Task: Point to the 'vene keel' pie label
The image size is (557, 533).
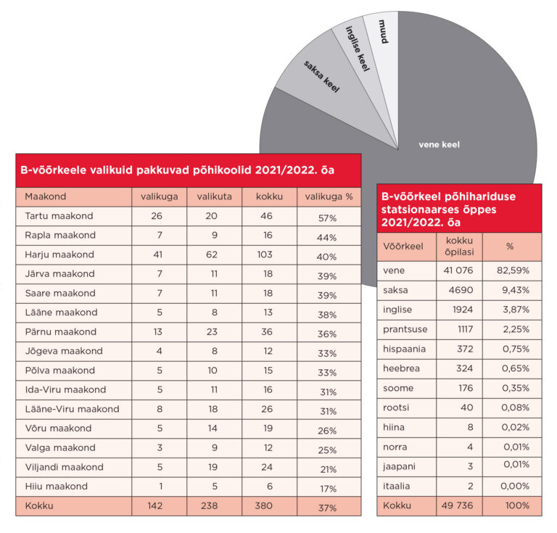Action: point(440,144)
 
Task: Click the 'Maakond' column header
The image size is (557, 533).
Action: point(46,197)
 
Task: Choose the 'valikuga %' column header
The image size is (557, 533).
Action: point(329,197)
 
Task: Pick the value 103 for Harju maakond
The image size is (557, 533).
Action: point(264,255)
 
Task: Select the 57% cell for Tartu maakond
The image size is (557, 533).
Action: point(329,217)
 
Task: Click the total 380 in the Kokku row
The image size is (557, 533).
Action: point(264,505)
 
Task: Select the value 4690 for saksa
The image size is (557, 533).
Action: point(458,290)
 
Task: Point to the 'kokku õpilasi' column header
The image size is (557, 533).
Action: point(458,246)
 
